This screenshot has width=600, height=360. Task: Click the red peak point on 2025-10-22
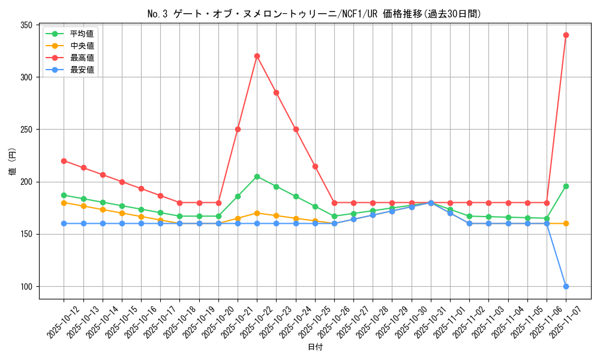[257, 56]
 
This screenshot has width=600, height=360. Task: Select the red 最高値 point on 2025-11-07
[566, 35]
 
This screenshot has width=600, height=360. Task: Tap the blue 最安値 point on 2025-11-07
[566, 286]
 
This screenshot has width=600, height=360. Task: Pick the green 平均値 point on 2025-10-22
[257, 176]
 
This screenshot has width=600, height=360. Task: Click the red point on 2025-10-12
[64, 161]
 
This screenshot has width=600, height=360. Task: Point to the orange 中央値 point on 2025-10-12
[64, 203]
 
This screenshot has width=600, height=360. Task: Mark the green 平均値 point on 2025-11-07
[566, 186]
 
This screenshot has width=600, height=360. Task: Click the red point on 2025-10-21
[238, 129]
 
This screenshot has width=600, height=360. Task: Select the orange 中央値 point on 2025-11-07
[566, 223]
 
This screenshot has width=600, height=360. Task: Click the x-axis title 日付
[315, 347]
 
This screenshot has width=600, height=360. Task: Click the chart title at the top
[315, 14]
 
